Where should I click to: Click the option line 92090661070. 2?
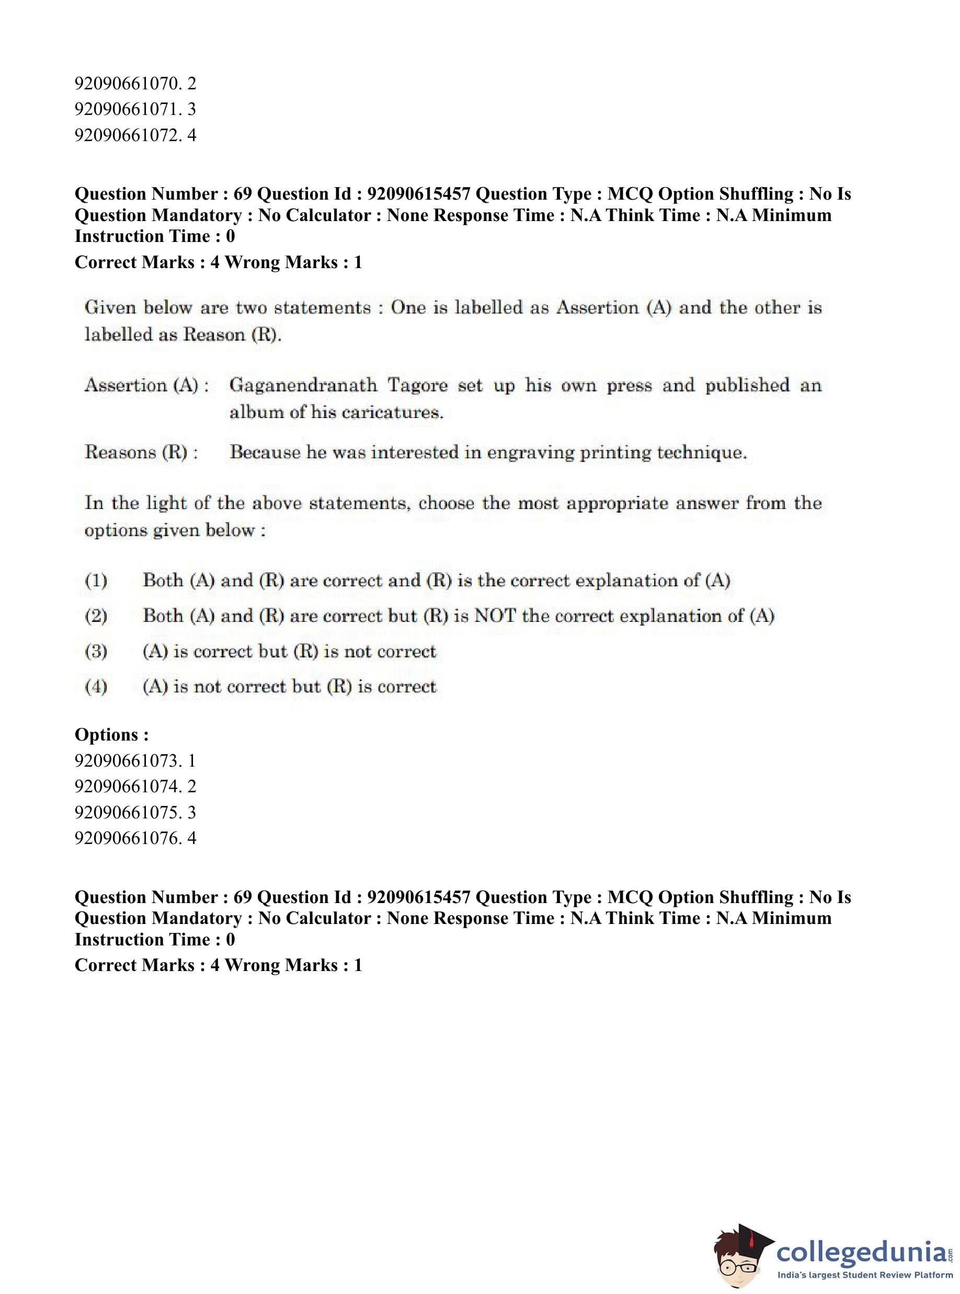[135, 84]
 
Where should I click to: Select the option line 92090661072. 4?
[135, 135]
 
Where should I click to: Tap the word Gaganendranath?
[303, 385]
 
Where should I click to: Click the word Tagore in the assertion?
[417, 385]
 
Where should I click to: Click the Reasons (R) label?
[141, 453]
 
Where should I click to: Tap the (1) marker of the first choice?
[96, 580]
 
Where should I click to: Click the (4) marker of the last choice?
[96, 687]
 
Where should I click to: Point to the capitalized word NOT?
[495, 616]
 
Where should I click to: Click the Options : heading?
[111, 735]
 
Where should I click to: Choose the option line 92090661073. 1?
[135, 761]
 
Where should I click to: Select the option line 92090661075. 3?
[135, 812]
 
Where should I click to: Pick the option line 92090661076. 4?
[135, 838]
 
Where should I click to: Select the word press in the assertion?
[630, 385]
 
